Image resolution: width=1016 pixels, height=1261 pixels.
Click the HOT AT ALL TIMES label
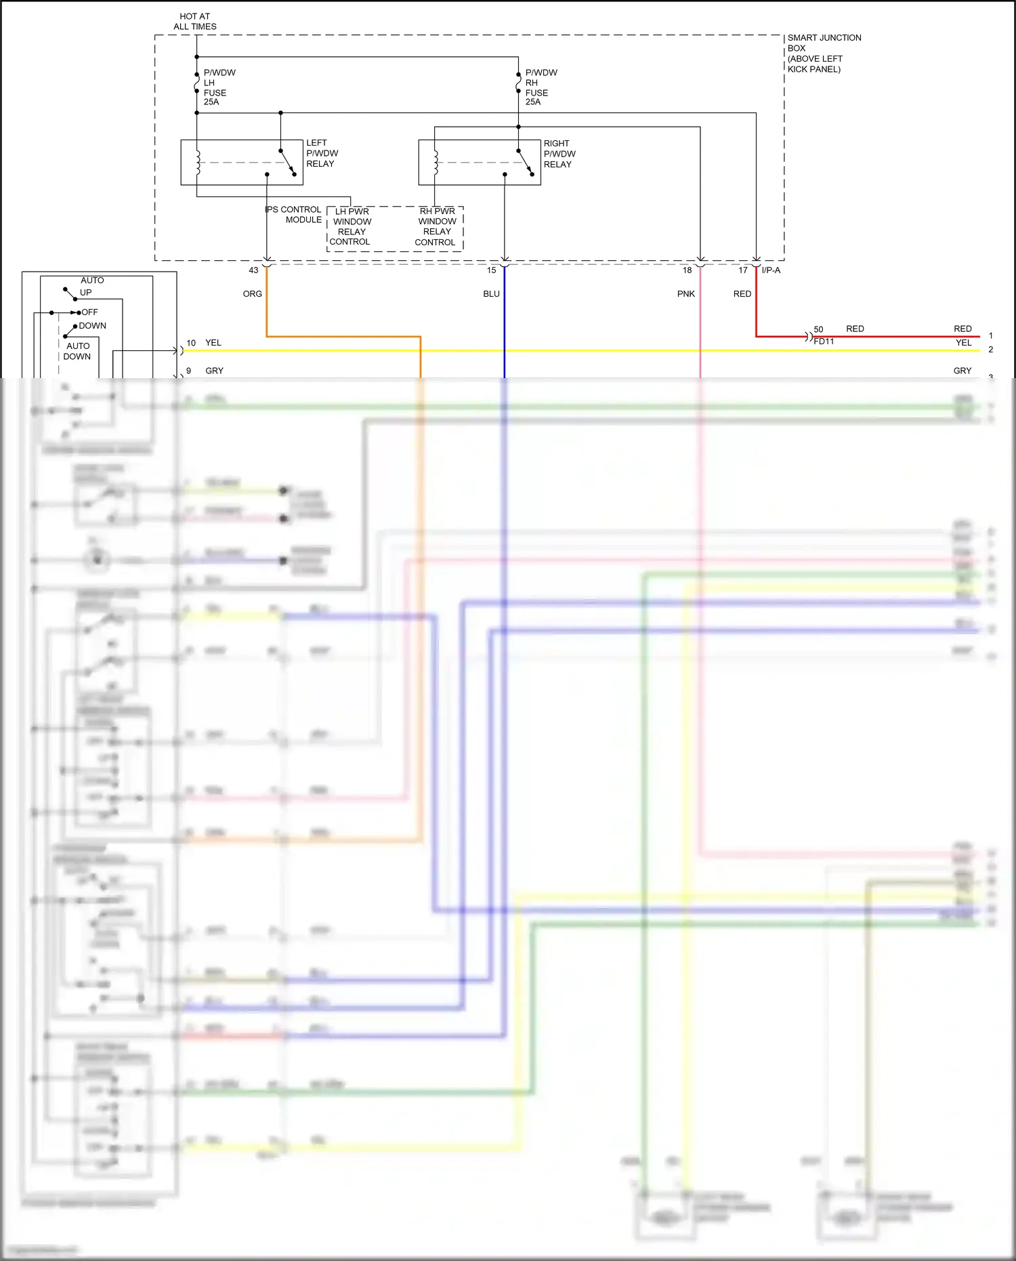pos(195,22)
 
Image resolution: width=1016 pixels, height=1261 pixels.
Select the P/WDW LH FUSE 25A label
pos(219,87)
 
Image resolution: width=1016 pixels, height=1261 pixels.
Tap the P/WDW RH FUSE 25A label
pos(541,87)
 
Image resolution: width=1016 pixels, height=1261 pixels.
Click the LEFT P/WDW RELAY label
pos(322,153)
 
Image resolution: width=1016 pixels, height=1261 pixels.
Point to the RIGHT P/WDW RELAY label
pos(559,154)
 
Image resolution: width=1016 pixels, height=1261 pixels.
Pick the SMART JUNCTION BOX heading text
pos(824,43)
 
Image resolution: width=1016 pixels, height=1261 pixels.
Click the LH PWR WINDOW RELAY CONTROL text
pos(351,226)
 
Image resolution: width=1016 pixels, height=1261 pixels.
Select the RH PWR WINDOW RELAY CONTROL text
pos(436,226)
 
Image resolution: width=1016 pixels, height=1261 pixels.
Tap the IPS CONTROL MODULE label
pos(294,214)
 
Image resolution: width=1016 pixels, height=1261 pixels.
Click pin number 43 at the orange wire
pos(253,270)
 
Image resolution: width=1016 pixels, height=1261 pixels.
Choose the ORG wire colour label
pos(252,294)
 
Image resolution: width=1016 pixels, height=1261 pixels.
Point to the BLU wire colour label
pos(491,294)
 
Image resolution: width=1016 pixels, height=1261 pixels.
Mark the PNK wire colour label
pos(685,294)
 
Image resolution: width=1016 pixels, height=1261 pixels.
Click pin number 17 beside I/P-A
pos(742,270)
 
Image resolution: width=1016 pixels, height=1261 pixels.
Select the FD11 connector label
pos(824,342)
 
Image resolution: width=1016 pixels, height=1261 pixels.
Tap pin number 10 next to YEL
pos(191,343)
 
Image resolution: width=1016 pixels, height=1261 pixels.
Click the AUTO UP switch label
pos(91,287)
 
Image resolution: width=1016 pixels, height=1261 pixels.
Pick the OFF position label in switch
pos(89,312)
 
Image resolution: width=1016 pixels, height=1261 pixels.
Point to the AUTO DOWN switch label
pos(77,351)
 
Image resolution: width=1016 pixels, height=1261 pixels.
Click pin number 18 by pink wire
pos(687,270)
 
